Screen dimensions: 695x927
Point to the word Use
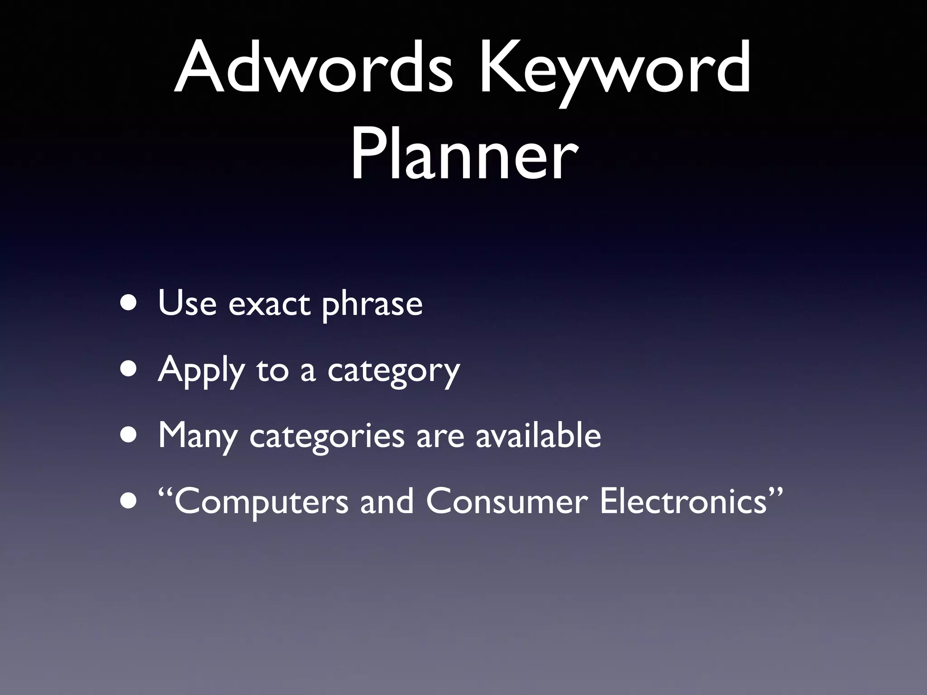(x=187, y=303)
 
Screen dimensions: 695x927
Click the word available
(x=538, y=435)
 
